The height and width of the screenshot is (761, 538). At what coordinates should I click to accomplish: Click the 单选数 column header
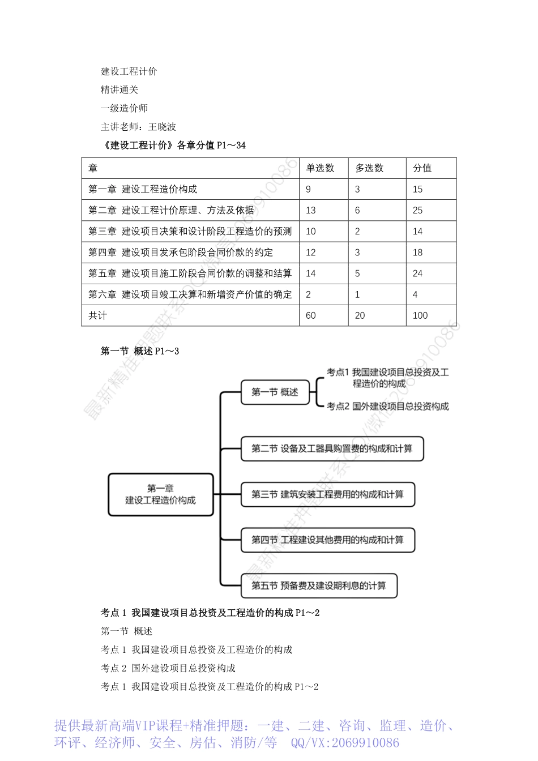click(x=320, y=168)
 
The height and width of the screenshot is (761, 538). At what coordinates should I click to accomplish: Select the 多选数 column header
click(x=369, y=168)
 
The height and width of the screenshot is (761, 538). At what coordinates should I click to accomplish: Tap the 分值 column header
click(x=422, y=168)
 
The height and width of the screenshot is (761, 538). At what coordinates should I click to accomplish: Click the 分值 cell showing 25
click(x=418, y=210)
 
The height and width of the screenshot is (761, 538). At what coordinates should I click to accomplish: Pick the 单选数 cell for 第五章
click(x=311, y=273)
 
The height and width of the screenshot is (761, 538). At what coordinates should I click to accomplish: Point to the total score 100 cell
click(x=420, y=315)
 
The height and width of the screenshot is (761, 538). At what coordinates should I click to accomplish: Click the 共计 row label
click(x=97, y=315)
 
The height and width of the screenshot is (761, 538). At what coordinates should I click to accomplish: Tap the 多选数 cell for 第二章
click(x=357, y=210)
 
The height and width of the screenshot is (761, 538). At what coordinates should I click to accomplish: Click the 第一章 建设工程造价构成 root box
click(x=160, y=494)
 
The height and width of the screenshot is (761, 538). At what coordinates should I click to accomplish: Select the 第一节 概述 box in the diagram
click(x=275, y=392)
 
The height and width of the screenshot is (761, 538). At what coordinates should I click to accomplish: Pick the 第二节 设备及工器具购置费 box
click(x=332, y=448)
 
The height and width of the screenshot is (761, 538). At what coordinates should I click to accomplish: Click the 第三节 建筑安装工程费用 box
click(x=327, y=494)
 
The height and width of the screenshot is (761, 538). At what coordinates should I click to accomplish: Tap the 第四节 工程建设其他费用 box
click(x=327, y=540)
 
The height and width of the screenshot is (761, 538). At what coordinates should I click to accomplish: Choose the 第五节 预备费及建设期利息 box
click(x=319, y=585)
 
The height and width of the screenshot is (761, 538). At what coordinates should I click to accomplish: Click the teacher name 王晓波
click(x=162, y=127)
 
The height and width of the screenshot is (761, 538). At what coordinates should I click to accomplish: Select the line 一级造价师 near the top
click(x=124, y=108)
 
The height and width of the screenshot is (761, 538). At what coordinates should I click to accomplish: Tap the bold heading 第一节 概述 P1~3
click(x=139, y=351)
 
